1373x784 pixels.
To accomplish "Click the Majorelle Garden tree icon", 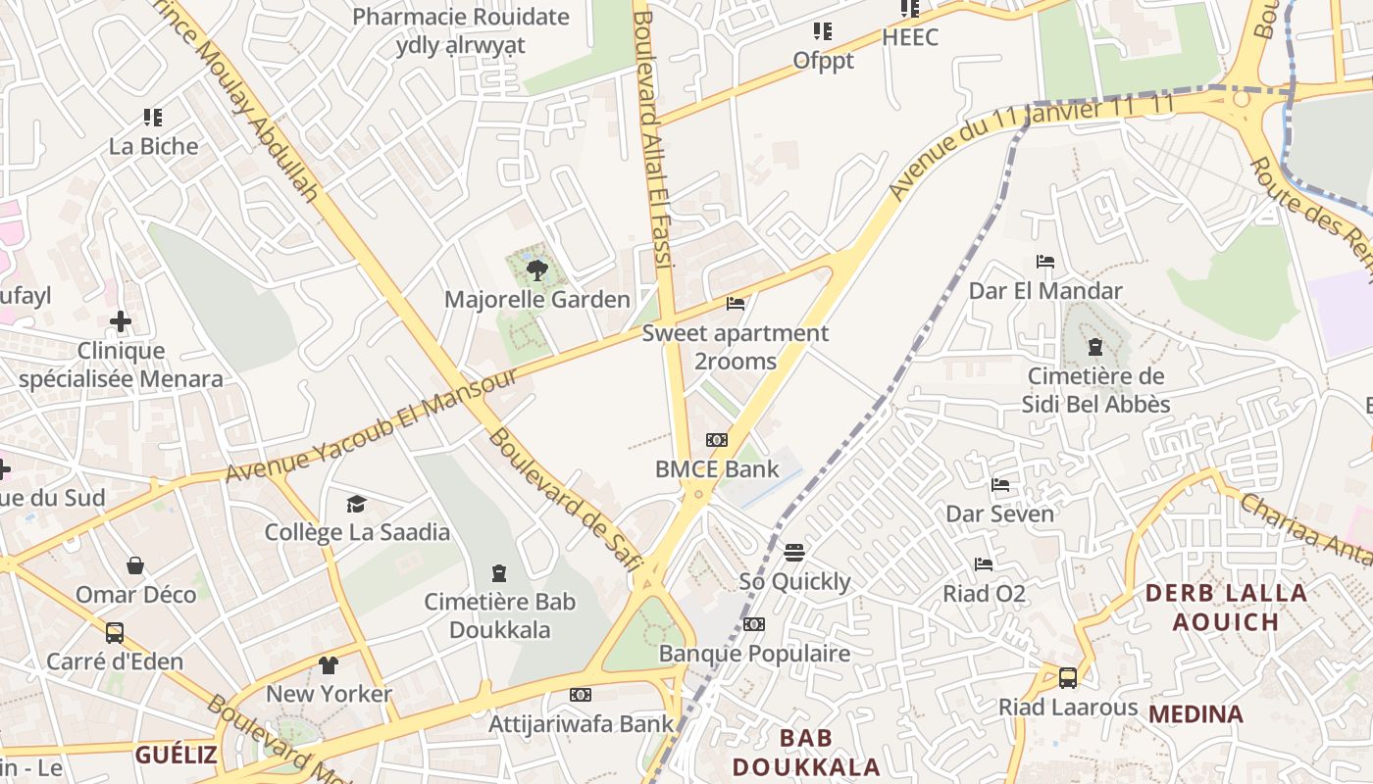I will (536, 270).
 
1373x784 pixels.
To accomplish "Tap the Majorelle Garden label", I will (537, 300).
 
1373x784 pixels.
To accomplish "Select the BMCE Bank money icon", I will (717, 440).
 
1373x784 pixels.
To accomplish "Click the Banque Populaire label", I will (754, 653).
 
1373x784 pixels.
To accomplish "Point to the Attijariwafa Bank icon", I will (581, 695).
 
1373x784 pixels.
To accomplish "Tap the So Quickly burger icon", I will (794, 553).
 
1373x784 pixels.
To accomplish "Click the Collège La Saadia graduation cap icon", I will (356, 504).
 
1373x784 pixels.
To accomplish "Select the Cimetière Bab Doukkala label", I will (499, 615).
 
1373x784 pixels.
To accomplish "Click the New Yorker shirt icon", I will (329, 665).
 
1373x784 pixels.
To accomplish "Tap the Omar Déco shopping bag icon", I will (135, 565).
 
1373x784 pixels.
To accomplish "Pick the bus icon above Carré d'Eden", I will (115, 633).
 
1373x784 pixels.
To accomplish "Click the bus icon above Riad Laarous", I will (1068, 677).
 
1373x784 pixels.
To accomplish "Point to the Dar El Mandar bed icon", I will (1045, 262).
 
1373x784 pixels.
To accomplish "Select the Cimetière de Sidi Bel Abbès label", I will (1095, 390).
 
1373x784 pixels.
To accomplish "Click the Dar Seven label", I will (999, 514).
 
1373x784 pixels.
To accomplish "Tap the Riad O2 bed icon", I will (984, 564).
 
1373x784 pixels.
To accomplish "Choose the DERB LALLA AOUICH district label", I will (1226, 607).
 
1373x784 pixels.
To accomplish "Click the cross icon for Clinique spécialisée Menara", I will (121, 321).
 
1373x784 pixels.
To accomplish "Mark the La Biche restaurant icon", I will (153, 118).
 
